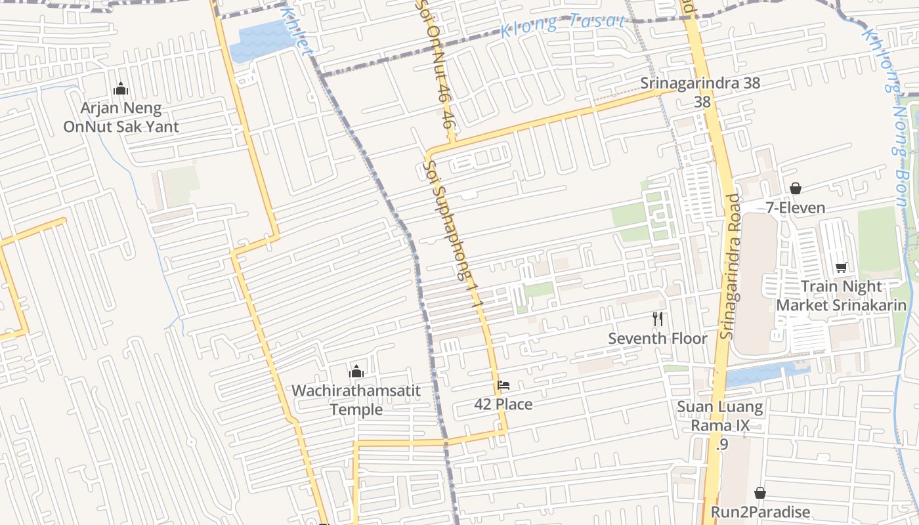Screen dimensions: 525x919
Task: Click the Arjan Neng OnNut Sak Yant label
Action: [x=121, y=117]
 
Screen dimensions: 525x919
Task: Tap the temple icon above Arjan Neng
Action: [x=121, y=89]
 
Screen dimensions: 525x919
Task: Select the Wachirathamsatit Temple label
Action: [x=356, y=400]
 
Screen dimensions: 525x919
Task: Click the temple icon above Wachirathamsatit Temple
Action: [x=356, y=371]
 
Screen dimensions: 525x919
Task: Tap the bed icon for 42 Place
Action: [x=503, y=385]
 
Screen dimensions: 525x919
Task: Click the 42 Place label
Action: [x=503, y=404]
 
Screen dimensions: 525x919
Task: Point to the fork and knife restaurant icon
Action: [x=658, y=320]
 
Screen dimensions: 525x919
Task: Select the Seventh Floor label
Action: [x=658, y=339]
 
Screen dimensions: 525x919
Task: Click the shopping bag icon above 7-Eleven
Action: [x=796, y=188]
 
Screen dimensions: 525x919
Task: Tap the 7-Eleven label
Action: [x=796, y=208]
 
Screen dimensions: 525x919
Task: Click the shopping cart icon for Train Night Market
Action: [x=842, y=267]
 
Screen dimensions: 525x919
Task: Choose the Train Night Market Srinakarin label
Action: [x=842, y=296]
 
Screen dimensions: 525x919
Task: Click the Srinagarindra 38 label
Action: [x=700, y=83]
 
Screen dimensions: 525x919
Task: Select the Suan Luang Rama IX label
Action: [x=720, y=416]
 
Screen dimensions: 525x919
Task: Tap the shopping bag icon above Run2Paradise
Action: [x=760, y=492]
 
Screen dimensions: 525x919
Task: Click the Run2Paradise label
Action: [x=760, y=512]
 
